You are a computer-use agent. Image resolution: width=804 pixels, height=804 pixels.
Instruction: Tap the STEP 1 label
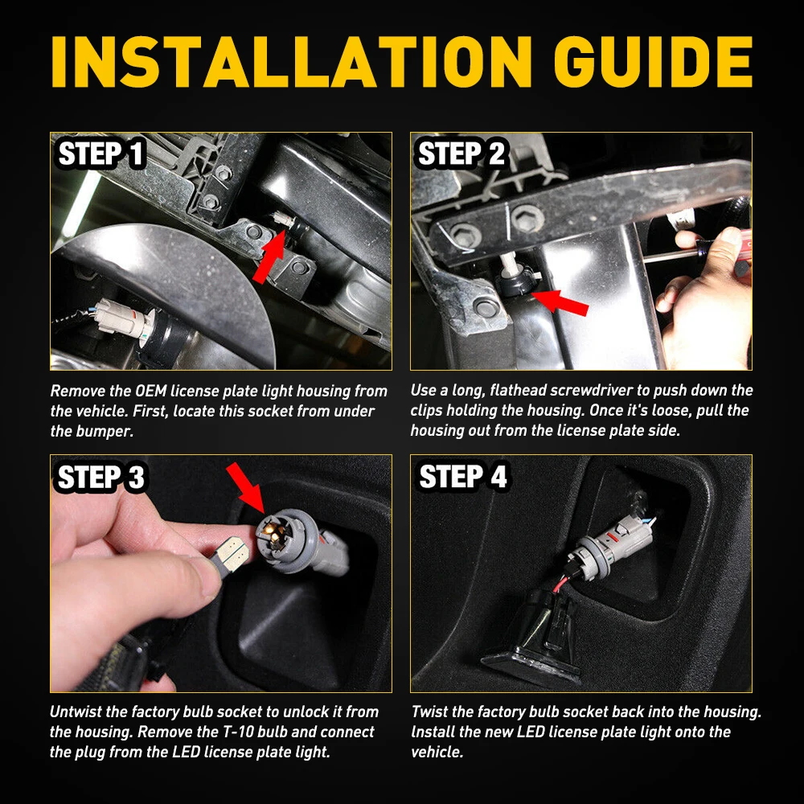[101, 154]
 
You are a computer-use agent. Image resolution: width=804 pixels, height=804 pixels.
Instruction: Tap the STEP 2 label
[461, 154]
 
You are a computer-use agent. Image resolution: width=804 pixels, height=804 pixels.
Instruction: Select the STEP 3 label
[101, 478]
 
